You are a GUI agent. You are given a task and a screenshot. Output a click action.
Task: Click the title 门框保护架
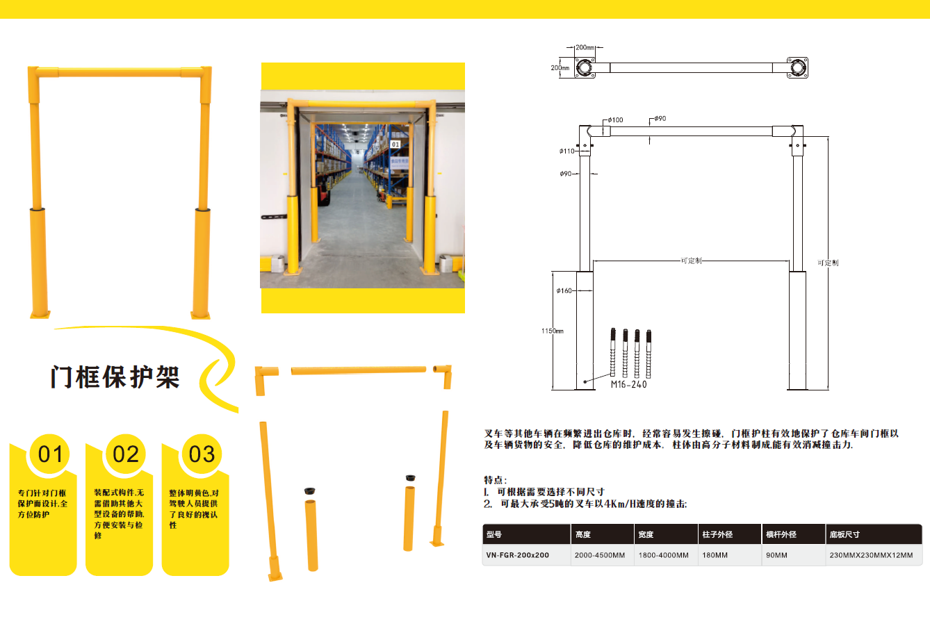[x=115, y=377]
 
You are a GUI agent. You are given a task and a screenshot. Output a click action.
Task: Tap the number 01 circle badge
[x=50, y=454]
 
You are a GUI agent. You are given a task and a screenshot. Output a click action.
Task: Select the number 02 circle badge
[x=126, y=454]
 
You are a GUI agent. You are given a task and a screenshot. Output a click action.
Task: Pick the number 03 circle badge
[x=202, y=454]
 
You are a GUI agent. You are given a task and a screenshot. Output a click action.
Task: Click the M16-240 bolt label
[x=628, y=385]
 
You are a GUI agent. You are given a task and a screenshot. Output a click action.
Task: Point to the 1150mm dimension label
[x=553, y=331]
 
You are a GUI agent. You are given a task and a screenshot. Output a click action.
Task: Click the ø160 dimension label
[x=564, y=290]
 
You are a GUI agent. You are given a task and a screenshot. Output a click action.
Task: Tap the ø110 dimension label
[x=566, y=151]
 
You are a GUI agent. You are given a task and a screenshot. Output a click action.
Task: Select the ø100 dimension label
[x=615, y=120]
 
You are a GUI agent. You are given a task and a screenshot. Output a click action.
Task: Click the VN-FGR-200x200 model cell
[x=517, y=555]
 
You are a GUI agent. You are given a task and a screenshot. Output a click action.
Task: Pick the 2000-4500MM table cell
[x=600, y=555]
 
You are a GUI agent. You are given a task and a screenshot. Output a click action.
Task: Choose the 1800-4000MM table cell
[x=664, y=555]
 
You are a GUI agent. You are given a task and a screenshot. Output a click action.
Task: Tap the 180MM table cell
[x=715, y=555]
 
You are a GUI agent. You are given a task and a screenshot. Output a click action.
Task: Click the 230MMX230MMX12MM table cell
[x=871, y=555]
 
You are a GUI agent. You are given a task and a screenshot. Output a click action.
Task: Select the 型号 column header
[x=493, y=534]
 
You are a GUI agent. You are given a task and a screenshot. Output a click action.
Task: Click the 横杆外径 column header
[x=781, y=534]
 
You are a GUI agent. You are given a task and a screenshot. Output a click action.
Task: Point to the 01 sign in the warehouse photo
[x=395, y=145]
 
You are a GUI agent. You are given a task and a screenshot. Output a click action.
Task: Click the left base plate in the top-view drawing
[x=585, y=67]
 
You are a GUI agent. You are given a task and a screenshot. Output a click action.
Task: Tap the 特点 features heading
[x=496, y=480]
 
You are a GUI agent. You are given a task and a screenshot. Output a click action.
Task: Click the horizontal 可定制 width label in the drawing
[x=692, y=261]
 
